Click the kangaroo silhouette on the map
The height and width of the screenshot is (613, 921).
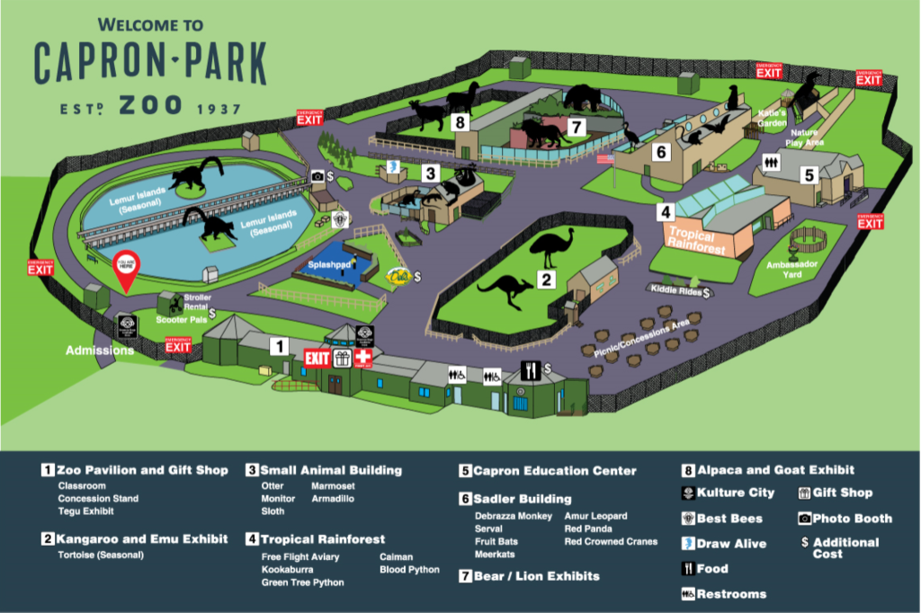(505, 290)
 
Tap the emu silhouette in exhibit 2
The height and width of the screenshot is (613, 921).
(551, 247)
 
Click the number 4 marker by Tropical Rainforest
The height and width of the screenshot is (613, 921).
(666, 213)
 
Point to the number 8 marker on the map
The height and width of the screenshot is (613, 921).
(460, 121)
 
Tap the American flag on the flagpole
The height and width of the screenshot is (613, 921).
(606, 159)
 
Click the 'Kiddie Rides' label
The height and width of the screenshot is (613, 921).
(675, 290)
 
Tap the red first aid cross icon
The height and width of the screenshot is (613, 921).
(363, 359)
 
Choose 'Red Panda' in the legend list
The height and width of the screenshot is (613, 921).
(589, 529)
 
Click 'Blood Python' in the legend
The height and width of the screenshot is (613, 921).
(409, 569)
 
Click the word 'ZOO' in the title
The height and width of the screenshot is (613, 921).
(151, 106)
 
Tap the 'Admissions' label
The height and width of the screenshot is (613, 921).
(101, 350)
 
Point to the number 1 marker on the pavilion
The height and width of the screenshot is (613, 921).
(280, 345)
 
